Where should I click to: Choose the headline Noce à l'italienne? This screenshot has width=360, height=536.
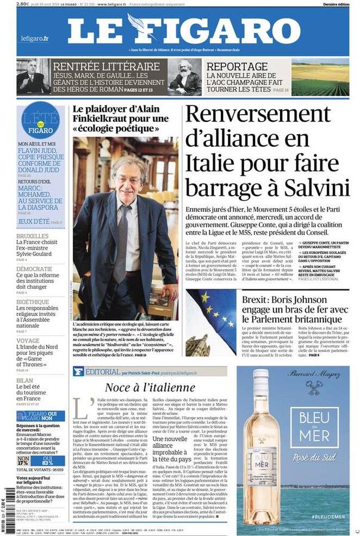pyautogui.click(x=150, y=387)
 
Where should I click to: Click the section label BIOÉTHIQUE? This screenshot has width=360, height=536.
pyautogui.click(x=32, y=302)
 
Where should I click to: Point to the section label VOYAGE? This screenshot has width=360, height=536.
pyautogui.click(x=28, y=341)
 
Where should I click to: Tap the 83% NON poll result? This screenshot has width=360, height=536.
pyautogui.click(x=54, y=447)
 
